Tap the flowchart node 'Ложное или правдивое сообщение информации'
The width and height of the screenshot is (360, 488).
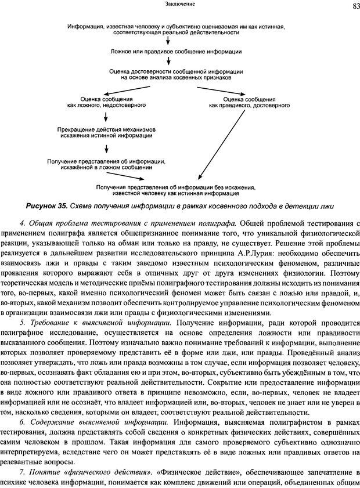click(x=167, y=52)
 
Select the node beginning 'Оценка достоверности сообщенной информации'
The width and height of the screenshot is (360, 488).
click(x=168, y=74)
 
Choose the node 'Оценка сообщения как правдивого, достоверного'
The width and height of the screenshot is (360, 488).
click(x=249, y=103)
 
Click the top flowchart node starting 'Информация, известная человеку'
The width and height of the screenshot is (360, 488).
click(x=168, y=30)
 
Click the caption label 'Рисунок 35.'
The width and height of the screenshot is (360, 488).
click(x=46, y=206)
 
